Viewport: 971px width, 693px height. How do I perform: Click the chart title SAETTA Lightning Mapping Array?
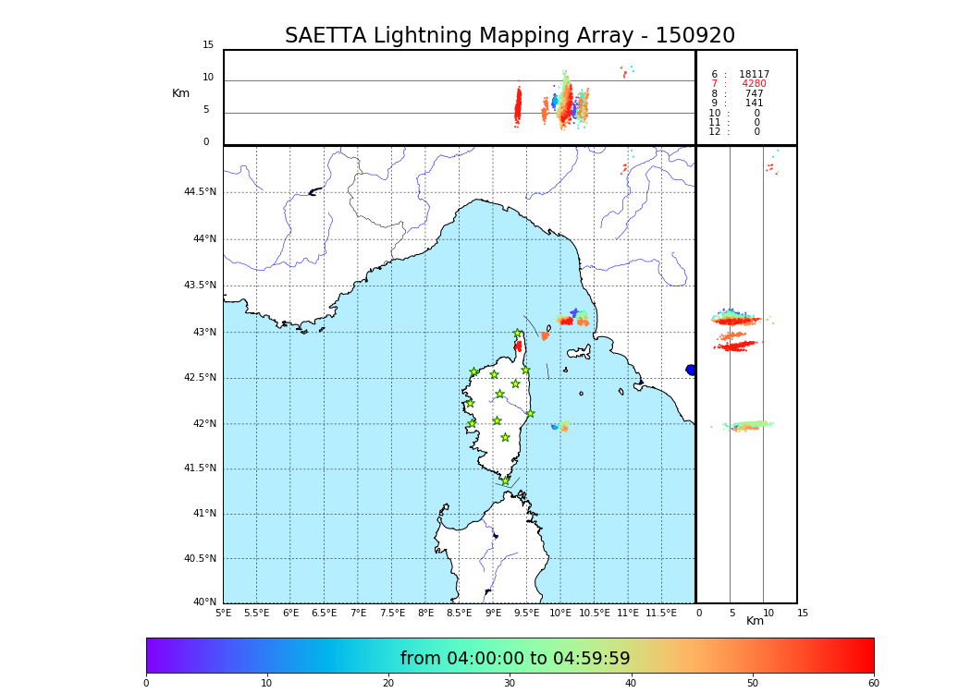(x=510, y=36)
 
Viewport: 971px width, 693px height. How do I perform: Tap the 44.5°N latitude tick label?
(x=200, y=192)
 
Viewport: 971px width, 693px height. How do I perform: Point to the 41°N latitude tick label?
(x=203, y=514)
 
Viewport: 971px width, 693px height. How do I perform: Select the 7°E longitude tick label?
(x=358, y=613)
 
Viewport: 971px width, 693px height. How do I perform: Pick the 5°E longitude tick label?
(x=224, y=613)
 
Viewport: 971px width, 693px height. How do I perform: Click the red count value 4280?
(x=754, y=84)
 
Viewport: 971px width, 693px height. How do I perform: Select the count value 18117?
(x=754, y=75)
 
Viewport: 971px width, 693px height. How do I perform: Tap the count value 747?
(x=754, y=94)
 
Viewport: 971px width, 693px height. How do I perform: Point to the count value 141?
(x=754, y=103)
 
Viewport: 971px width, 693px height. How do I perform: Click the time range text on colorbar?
(x=515, y=659)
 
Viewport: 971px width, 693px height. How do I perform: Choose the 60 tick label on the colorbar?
(x=873, y=683)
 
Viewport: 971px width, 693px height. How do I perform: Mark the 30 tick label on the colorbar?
(x=510, y=683)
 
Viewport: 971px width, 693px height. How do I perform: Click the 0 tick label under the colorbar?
(x=146, y=683)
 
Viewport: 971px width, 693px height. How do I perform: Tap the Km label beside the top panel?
(x=180, y=93)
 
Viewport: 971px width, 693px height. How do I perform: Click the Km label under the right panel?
(x=756, y=621)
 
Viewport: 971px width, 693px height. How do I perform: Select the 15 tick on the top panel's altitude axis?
(x=208, y=45)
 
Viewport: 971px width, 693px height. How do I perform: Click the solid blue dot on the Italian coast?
(x=691, y=370)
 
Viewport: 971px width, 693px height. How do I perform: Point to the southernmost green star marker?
(x=505, y=480)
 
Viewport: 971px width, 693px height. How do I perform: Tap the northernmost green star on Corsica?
(x=518, y=334)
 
